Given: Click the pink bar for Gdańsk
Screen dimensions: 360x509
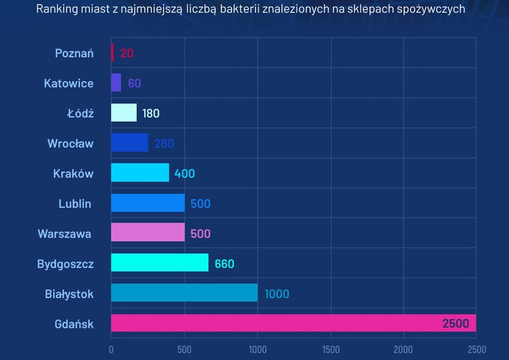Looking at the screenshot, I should [278, 323].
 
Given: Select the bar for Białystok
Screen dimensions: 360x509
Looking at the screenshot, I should [184, 293].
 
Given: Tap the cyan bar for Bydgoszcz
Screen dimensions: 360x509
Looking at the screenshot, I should [159, 263].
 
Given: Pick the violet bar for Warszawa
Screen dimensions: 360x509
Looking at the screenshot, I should [147, 233].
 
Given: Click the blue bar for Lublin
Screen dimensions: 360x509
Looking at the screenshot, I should [147, 203].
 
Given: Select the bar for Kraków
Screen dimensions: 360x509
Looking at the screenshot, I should [140, 173].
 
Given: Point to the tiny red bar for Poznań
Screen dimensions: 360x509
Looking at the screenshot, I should [113, 53].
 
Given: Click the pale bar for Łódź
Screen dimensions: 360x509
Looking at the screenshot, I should [123, 113].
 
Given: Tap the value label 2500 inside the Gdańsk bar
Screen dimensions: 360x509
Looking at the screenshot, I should [455, 324].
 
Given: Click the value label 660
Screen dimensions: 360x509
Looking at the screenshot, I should [224, 264].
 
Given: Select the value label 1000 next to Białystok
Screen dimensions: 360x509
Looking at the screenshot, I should [277, 294].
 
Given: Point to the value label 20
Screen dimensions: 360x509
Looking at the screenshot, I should [126, 53].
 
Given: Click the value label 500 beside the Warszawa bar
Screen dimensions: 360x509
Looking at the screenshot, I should [200, 234].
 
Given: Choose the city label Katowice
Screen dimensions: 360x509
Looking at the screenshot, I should [68, 83].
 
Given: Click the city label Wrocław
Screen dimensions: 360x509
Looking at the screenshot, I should [70, 143].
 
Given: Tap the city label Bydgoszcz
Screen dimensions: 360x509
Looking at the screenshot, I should [65, 264].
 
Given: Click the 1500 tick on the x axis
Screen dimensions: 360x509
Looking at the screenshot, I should [330, 350].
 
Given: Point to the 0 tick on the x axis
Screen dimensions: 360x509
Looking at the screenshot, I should [111, 350].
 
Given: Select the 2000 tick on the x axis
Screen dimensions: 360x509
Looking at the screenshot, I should [403, 350].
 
